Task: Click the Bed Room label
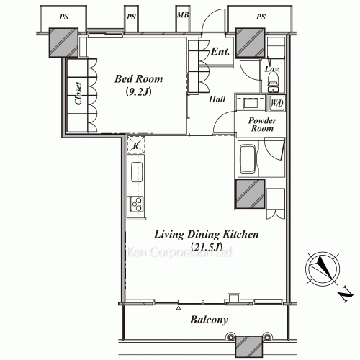[138, 79]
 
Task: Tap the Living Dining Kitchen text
[207, 235]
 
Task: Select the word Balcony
[209, 320]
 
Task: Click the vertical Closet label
[78, 94]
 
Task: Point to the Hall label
[217, 99]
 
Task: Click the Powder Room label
[262, 125]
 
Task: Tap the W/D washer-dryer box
[277, 104]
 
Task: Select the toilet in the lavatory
[274, 81]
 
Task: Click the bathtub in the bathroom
[248, 158]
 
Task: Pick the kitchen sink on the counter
[137, 172]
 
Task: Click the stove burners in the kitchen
[136, 204]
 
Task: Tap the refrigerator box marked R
[136, 145]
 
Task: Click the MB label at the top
[183, 15]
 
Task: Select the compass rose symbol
[323, 269]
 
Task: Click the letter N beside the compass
[346, 294]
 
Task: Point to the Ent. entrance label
[220, 51]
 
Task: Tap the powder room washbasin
[251, 104]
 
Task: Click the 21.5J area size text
[207, 247]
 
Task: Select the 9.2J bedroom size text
[138, 91]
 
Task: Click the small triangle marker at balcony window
[179, 308]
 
